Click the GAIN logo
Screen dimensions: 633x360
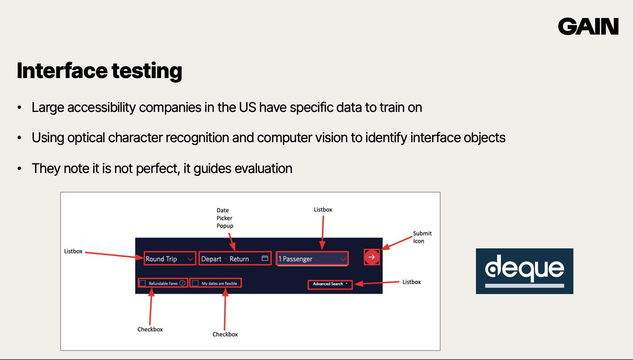(588, 26)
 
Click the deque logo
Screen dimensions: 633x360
(524, 271)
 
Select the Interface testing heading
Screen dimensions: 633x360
(100, 71)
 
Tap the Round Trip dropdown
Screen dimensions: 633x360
(170, 259)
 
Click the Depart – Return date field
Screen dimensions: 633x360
(235, 259)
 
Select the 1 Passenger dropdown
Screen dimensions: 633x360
(312, 259)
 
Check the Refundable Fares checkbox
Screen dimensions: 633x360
(143, 283)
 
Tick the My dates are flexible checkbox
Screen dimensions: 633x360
(195, 283)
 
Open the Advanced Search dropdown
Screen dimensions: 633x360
(330, 284)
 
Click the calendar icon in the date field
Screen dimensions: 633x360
(265, 258)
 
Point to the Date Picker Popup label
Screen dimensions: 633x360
(225, 218)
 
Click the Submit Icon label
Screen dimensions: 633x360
(422, 237)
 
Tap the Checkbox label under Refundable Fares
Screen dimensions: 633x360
(150, 329)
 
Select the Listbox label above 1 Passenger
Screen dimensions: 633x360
(323, 209)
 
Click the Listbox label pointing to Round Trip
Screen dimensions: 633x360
(73, 251)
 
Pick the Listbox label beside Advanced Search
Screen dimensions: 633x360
(412, 282)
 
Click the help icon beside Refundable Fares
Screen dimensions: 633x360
(182, 283)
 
